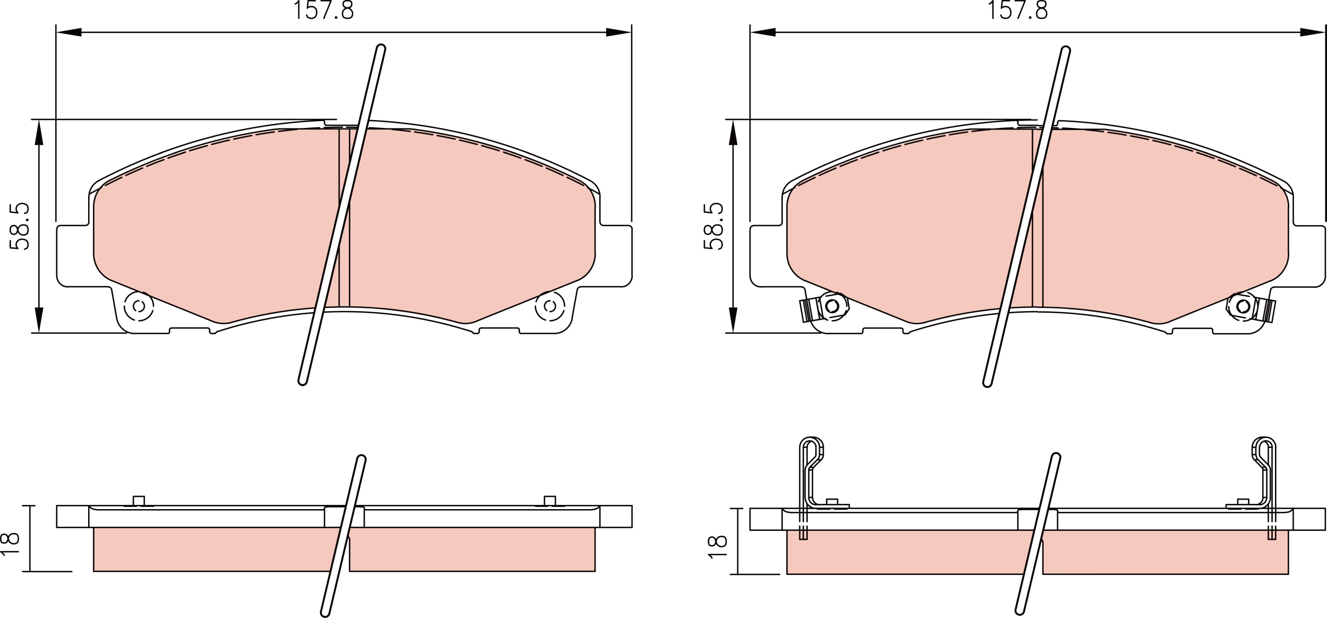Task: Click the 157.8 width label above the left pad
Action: [324, 10]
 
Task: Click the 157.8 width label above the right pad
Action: [1018, 10]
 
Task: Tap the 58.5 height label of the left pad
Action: [19, 226]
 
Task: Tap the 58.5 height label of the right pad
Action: [713, 226]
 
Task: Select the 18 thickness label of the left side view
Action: [11, 544]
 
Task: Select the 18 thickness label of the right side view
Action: [717, 547]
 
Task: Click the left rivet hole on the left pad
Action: [139, 306]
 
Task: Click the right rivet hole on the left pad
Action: [550, 306]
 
